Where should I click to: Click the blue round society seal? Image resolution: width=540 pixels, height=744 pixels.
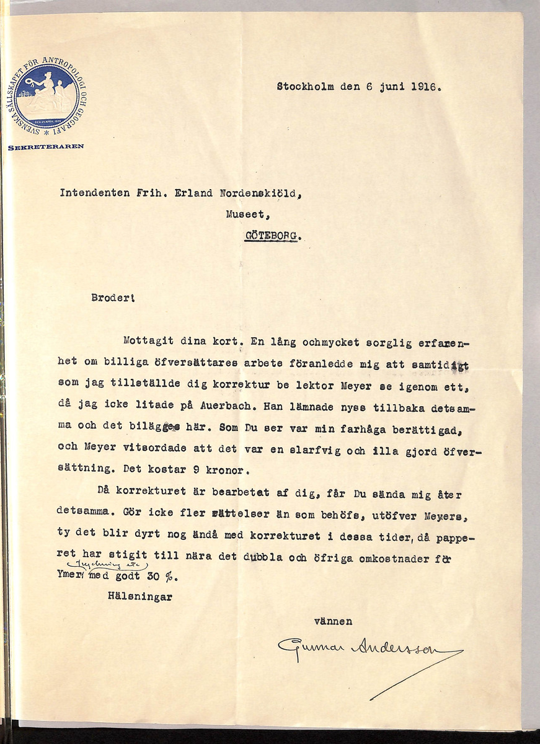click(x=46, y=97)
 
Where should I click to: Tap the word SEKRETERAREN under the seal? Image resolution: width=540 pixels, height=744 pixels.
click(x=46, y=147)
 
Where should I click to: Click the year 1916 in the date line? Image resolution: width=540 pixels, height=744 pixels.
click(x=425, y=87)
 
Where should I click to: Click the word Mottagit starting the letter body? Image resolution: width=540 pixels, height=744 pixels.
click(x=148, y=340)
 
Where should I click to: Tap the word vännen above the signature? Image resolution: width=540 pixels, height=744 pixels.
click(x=334, y=621)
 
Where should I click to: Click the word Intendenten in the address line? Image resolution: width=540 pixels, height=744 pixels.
click(x=92, y=192)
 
